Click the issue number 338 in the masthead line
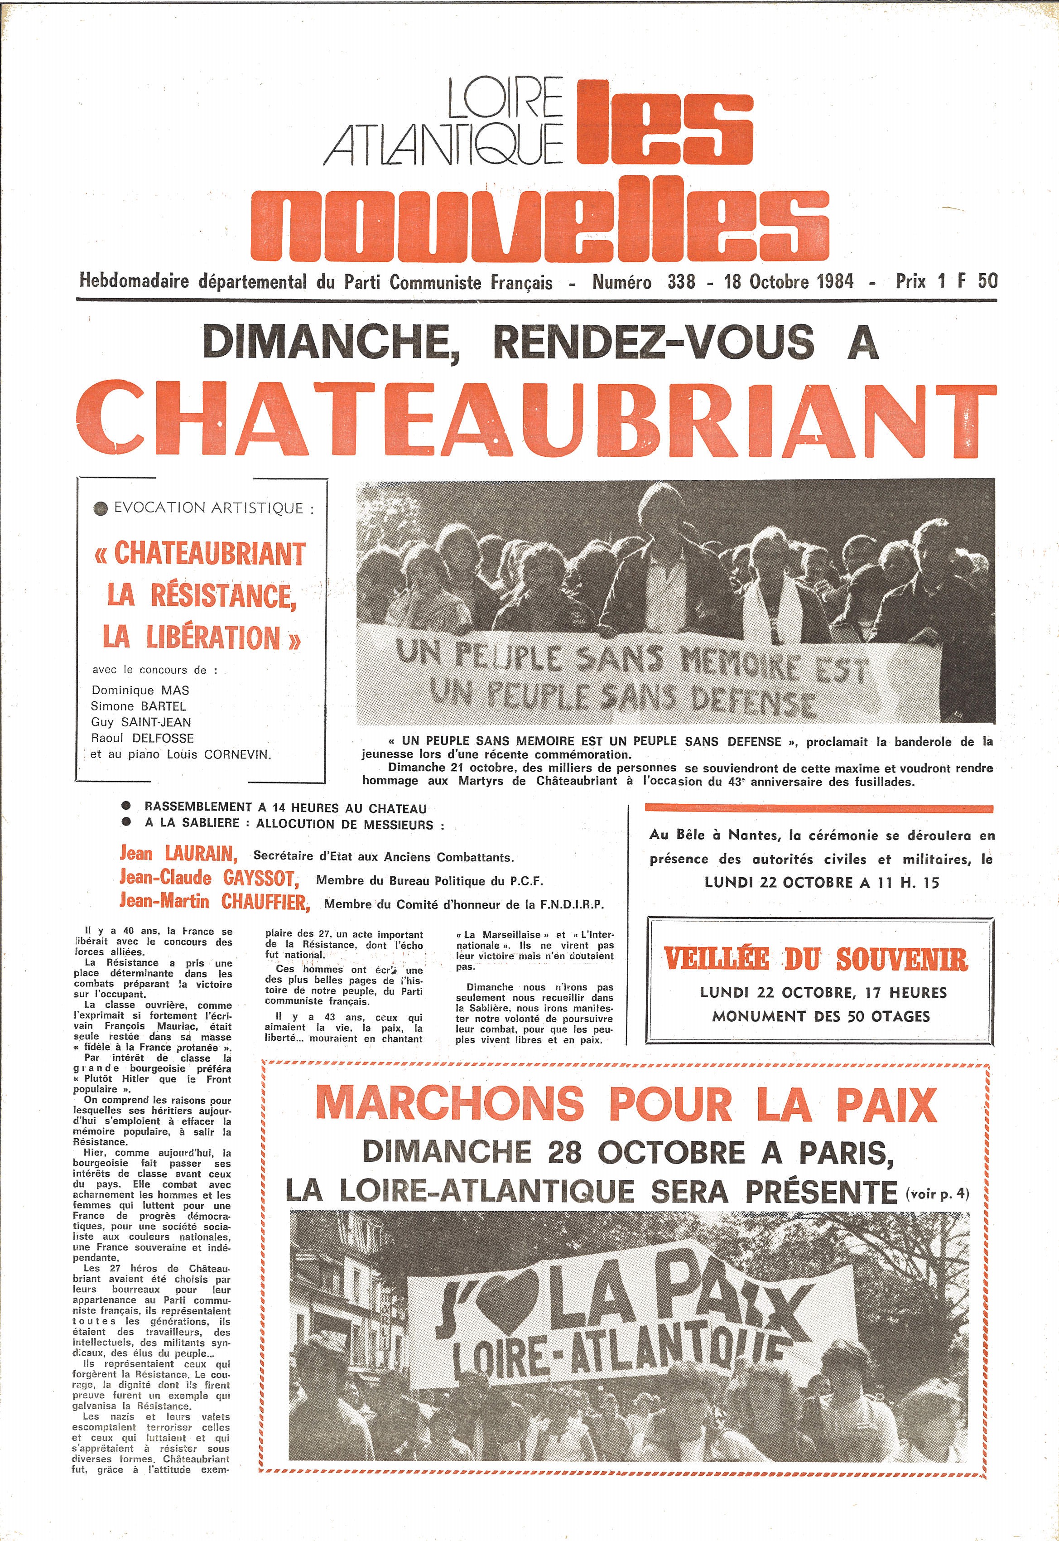pyautogui.click(x=681, y=281)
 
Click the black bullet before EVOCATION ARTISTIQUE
pyautogui.click(x=101, y=509)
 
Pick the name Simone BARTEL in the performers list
pyautogui.click(x=138, y=706)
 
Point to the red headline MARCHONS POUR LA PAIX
pyautogui.click(x=626, y=1106)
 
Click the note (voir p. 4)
pyautogui.click(x=937, y=1194)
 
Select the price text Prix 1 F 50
pyautogui.click(x=946, y=281)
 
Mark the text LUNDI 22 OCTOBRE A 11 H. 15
pyautogui.click(x=822, y=883)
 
